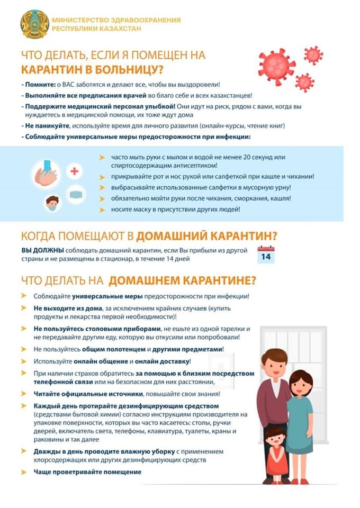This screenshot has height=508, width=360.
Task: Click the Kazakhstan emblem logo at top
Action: (34, 24)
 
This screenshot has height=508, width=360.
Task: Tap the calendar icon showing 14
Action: (266, 254)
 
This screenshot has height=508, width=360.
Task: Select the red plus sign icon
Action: (75, 171)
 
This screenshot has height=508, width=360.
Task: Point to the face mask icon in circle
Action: (77, 194)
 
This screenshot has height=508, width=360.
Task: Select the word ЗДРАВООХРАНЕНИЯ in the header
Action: (133, 20)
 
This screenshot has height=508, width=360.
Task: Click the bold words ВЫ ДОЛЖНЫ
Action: (39, 250)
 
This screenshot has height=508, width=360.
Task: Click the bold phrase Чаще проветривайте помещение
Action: (88, 471)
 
